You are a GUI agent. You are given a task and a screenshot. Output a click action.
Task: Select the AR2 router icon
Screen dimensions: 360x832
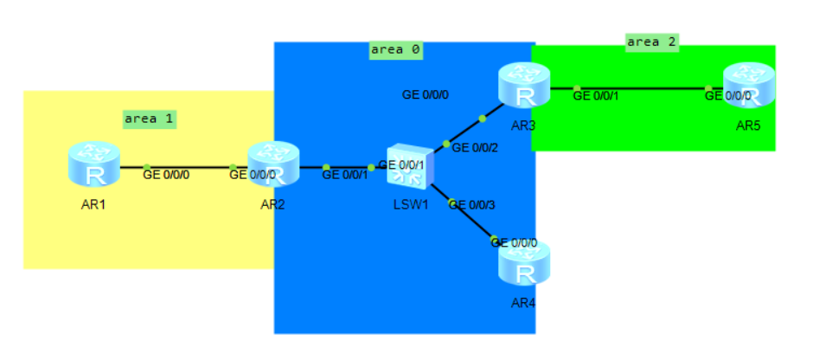(x=273, y=164)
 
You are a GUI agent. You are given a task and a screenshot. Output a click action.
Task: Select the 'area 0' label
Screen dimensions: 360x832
(x=395, y=49)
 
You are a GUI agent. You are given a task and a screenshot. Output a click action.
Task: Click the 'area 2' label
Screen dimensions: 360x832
(x=651, y=41)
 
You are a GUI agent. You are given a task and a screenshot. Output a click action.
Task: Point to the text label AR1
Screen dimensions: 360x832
(x=93, y=205)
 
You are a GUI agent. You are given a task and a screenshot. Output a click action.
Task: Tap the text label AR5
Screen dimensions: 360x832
(x=748, y=125)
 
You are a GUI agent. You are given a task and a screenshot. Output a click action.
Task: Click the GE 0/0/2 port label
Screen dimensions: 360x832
(x=476, y=148)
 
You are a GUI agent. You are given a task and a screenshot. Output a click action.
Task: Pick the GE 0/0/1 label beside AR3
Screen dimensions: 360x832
(x=596, y=95)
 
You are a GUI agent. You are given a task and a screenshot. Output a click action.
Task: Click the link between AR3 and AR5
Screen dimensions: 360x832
(x=640, y=88)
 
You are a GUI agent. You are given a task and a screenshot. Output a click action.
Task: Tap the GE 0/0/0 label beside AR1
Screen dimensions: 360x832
(x=166, y=175)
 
